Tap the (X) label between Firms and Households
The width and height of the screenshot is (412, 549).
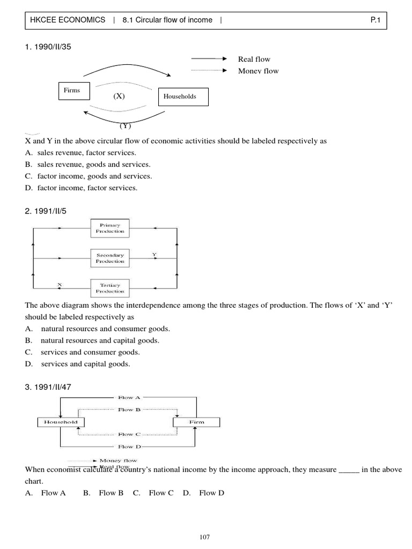coord(119,96)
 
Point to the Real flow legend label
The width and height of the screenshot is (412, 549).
coord(254,59)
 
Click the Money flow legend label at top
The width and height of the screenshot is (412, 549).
coord(258,71)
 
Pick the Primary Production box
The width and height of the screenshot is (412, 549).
coord(110,228)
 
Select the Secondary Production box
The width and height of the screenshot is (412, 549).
coord(110,258)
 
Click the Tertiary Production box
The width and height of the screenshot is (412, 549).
coord(110,288)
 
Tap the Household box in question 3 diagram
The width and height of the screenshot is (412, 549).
coord(61,422)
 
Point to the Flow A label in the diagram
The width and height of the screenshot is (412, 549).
coord(129,397)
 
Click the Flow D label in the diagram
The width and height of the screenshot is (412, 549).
coord(129,446)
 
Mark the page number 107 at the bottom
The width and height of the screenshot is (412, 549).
coord(205,535)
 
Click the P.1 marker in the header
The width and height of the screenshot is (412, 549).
coord(376,20)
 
